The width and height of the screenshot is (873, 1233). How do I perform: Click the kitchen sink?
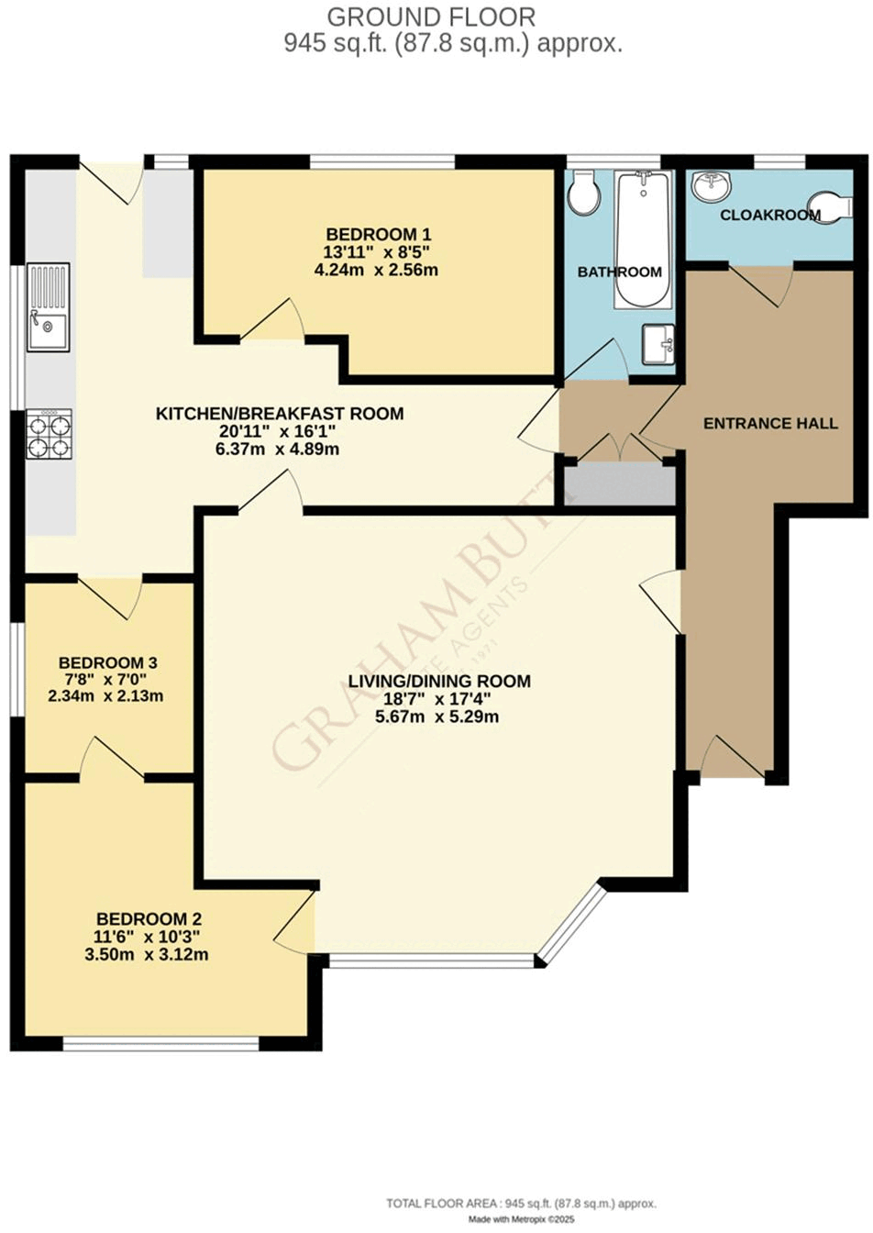48,307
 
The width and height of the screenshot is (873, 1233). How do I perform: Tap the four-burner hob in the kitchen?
50,434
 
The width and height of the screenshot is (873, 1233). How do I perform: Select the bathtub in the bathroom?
645,239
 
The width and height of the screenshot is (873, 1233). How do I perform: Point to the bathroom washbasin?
658,344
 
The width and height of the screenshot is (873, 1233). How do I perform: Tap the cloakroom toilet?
830,207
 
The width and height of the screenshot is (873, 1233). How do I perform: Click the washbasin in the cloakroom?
712,186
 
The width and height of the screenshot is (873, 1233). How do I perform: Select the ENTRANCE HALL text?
770,423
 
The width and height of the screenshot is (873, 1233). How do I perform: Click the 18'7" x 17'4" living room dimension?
437,698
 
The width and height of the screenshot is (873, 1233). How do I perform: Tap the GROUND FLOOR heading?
431,17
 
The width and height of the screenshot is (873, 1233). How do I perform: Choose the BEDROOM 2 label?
149,918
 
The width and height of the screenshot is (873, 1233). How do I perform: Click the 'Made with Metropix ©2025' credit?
521,1219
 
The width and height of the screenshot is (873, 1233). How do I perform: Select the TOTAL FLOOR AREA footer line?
521,1203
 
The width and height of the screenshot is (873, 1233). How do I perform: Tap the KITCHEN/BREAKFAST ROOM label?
280,414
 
